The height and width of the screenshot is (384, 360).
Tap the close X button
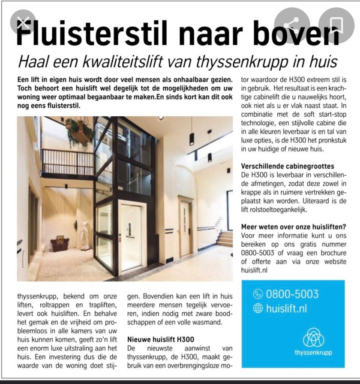click(22, 23)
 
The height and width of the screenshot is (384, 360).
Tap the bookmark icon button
click(336, 23)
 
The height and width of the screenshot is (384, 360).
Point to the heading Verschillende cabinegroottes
click(288, 166)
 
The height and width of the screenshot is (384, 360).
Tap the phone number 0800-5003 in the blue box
click(292, 294)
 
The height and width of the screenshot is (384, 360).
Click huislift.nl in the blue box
click(286, 308)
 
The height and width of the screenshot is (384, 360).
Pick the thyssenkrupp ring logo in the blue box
click(313, 339)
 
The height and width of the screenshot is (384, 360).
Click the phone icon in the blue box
click(258, 294)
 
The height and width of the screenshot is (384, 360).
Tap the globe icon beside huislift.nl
click(258, 308)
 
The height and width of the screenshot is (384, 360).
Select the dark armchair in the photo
click(60, 245)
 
